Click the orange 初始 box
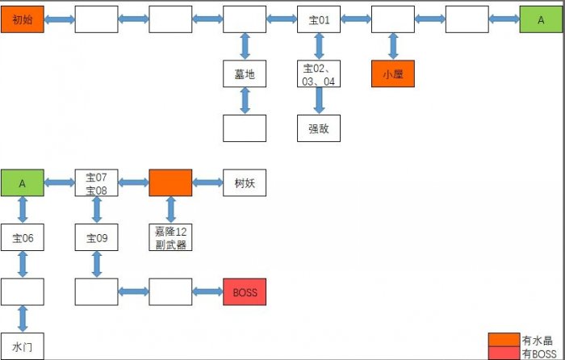[x=22, y=19]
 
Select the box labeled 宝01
[x=319, y=19]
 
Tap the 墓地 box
[x=245, y=74]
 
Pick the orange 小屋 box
[x=393, y=74]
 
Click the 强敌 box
[x=319, y=128]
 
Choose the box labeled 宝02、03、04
[x=319, y=74]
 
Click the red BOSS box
[x=245, y=292]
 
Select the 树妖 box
[x=245, y=183]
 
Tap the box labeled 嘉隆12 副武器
[x=170, y=238]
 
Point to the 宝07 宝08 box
[x=96, y=183]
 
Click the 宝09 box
[x=96, y=238]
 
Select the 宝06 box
[x=22, y=238]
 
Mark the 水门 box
[x=22, y=346]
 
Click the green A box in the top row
[x=542, y=19]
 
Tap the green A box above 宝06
[x=22, y=183]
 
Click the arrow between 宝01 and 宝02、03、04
[x=319, y=47]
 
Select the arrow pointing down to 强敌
[x=319, y=101]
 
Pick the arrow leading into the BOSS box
[x=207, y=292]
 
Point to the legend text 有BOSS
[x=539, y=354]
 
